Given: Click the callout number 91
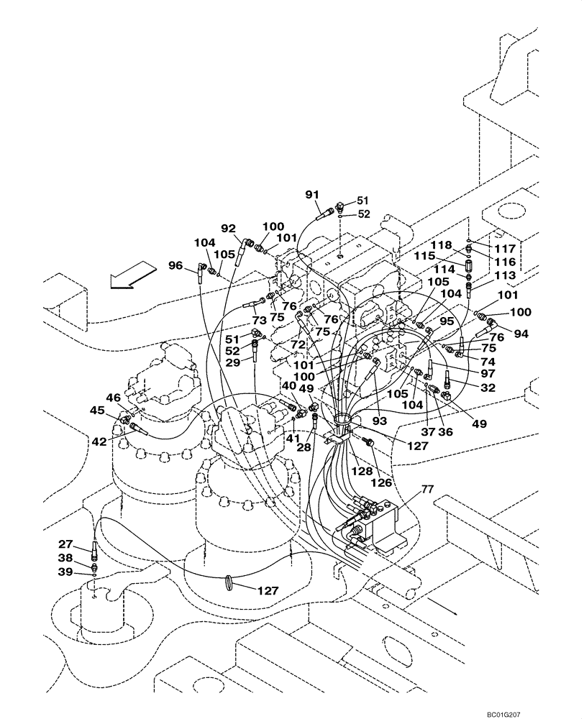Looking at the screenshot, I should click(x=311, y=194).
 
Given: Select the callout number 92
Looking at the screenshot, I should click(x=229, y=229).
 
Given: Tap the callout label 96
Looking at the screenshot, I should click(x=175, y=265).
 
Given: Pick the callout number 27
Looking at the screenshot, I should click(x=66, y=544).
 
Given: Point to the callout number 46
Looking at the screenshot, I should click(x=114, y=397).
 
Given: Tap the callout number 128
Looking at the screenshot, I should click(x=362, y=472).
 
